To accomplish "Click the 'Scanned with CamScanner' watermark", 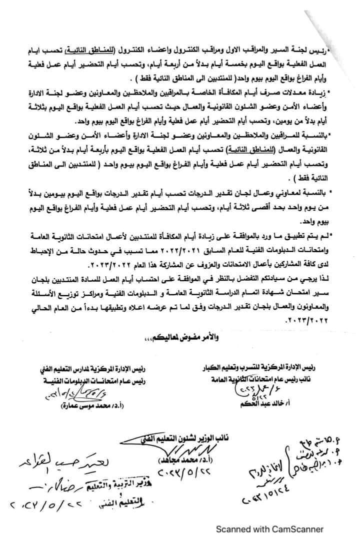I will pos(269,529).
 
